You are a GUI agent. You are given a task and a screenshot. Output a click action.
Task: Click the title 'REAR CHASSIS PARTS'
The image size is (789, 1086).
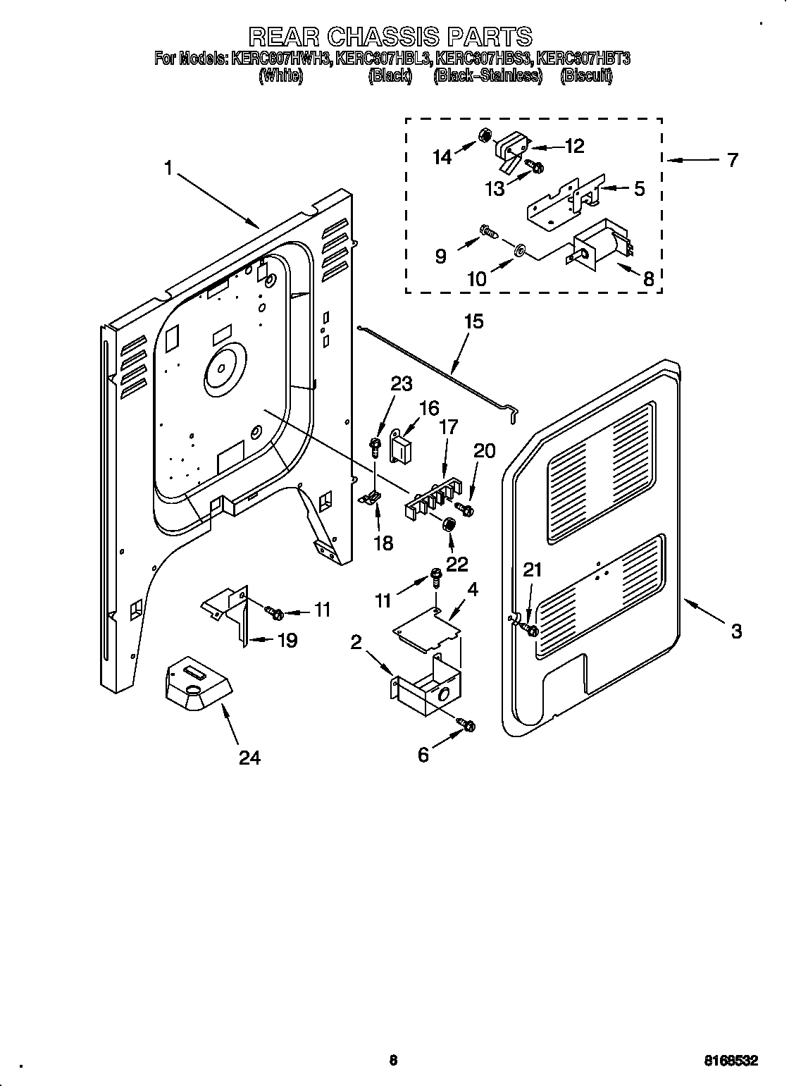coord(392,37)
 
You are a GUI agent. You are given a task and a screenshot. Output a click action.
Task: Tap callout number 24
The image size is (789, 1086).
coord(249,758)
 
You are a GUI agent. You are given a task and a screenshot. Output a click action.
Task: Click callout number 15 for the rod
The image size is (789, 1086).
coord(473,322)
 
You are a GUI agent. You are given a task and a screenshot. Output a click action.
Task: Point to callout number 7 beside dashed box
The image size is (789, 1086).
coord(732,160)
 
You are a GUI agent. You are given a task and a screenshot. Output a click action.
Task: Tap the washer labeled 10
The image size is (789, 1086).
coord(518,250)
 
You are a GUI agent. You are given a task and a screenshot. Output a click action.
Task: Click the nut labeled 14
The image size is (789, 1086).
coord(485,135)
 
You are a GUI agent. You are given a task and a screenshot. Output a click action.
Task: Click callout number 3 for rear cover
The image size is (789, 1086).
coord(735,631)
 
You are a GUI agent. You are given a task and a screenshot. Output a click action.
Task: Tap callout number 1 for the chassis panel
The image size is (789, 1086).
coord(168,168)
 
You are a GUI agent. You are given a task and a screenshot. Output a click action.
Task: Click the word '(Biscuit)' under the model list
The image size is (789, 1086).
coord(586,76)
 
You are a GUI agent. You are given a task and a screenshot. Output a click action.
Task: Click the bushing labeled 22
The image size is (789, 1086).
coord(448,526)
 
